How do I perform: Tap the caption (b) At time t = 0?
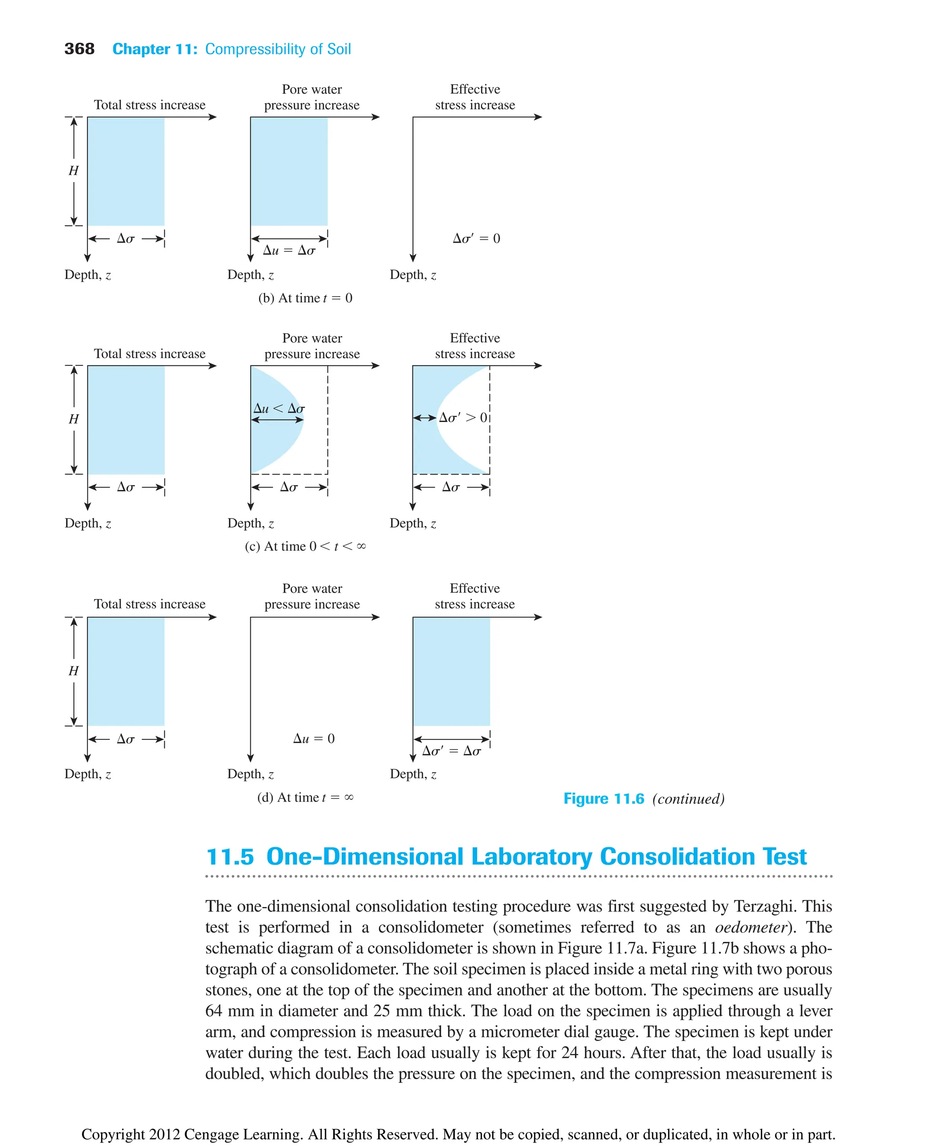[305, 298]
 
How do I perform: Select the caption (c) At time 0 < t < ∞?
[305, 546]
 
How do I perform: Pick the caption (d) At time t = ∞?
[305, 797]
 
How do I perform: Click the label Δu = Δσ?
[289, 250]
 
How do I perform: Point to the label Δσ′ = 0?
[476, 238]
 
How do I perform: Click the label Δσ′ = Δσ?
[451, 751]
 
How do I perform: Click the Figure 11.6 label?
[603, 799]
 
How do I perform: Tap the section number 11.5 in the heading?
[229, 856]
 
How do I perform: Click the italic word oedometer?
[751, 927]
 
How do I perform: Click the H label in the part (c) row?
[74, 419]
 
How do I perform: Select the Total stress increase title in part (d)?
[149, 604]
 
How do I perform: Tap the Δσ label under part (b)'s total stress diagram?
[125, 238]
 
